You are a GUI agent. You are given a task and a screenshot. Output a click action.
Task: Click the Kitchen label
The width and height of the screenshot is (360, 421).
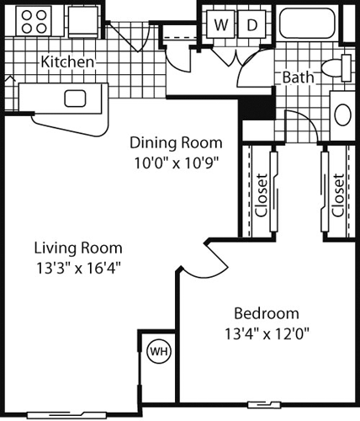pos(67,62)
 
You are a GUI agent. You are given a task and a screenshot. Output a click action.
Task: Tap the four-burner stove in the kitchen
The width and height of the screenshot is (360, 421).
pos(34,22)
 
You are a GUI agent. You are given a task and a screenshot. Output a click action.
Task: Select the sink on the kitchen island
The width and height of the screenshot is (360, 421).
pos(76,98)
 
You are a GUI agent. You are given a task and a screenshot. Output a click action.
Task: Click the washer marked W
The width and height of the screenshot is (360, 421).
pos(220,25)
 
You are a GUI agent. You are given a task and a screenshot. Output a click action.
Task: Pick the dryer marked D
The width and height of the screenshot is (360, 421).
pos(251,25)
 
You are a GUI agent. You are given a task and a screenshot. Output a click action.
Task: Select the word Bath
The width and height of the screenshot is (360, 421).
pos(297,77)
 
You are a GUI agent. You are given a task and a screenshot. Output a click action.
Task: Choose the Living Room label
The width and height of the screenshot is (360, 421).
pos(78,248)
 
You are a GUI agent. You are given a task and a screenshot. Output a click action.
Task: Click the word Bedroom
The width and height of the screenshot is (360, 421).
pos(266,312)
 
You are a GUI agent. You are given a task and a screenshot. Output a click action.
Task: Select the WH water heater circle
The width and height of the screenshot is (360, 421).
pos(157,351)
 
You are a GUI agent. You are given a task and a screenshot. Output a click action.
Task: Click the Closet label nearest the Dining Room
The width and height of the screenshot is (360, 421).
pos(262,195)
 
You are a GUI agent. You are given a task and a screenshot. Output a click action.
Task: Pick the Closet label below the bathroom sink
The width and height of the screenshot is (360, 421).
pos(337,195)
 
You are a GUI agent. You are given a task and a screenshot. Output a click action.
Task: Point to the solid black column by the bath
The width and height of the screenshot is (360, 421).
pos(256,107)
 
